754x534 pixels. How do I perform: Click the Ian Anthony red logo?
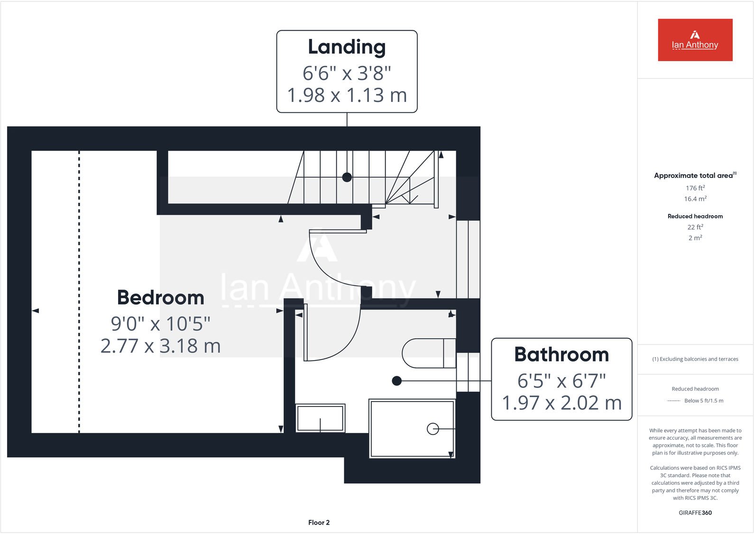tap(695, 40)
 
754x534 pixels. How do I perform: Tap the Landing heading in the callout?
tap(347, 47)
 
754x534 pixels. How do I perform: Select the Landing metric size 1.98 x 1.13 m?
tap(347, 95)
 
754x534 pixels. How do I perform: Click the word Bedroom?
tap(160, 298)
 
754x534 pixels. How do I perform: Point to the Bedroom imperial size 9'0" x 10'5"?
tap(160, 324)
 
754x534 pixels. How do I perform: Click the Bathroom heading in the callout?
tap(561, 354)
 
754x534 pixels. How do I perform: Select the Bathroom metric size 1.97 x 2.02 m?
tap(561, 403)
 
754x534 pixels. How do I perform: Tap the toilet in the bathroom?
tap(428, 353)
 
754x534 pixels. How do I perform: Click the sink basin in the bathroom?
tap(320, 417)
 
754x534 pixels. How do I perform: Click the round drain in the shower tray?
tap(432, 429)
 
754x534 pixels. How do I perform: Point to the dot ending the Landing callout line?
tap(347, 177)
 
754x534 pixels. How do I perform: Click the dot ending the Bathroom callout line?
tap(397, 380)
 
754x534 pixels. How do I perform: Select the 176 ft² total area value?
tap(695, 188)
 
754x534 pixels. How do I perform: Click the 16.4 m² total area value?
tap(695, 199)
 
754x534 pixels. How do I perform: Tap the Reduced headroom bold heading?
tap(695, 216)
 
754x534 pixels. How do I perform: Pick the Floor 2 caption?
tap(319, 522)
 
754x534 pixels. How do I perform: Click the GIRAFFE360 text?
tap(695, 513)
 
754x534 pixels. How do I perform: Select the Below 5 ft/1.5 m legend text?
tap(704, 401)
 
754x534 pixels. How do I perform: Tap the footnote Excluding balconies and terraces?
tap(695, 359)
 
